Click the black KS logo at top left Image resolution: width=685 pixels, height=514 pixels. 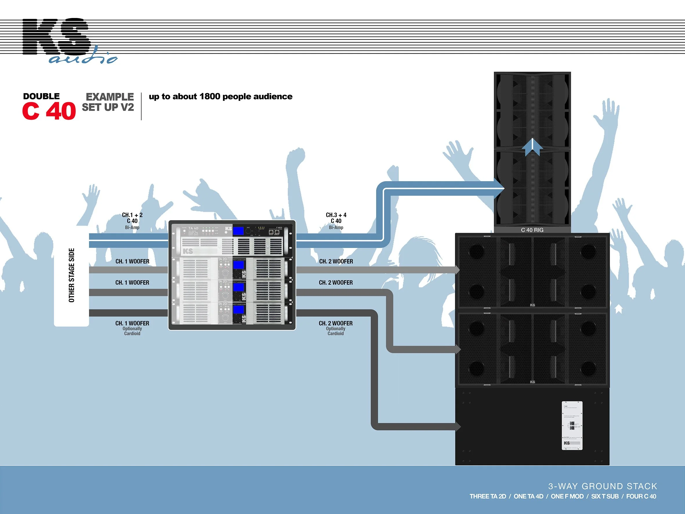(x=56, y=36)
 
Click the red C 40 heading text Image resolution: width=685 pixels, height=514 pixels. (x=49, y=111)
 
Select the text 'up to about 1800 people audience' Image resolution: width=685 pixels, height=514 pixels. (x=220, y=96)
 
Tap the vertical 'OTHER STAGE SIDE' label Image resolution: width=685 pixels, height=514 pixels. (x=72, y=275)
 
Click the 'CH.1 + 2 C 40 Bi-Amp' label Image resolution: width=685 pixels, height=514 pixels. (x=132, y=221)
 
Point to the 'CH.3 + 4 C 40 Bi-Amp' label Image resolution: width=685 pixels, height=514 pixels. (x=336, y=221)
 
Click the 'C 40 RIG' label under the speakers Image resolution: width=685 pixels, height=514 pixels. (x=532, y=230)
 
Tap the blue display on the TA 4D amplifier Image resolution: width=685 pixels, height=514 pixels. (x=238, y=231)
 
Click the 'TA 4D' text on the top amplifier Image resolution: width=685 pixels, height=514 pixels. (x=193, y=228)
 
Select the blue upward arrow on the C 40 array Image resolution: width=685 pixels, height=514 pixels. (x=532, y=147)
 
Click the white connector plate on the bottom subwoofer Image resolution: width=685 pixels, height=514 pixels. (x=572, y=426)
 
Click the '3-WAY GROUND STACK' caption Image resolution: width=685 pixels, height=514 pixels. (x=602, y=486)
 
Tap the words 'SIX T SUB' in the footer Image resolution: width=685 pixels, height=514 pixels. (x=605, y=496)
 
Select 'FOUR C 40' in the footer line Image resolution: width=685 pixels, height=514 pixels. (x=641, y=496)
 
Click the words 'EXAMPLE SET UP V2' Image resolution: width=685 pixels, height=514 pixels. (x=108, y=102)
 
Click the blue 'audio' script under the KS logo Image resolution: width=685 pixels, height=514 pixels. (x=83, y=58)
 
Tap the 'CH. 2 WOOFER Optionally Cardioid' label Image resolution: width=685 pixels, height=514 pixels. (x=336, y=328)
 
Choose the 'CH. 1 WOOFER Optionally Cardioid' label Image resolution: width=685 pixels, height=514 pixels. (x=132, y=328)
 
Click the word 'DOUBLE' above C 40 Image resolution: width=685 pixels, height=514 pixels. (x=41, y=96)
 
